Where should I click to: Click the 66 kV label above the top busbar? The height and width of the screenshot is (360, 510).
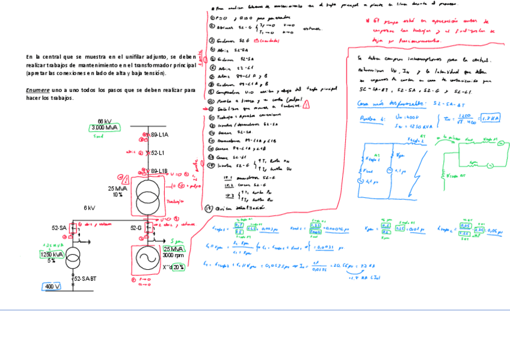tap(104, 121)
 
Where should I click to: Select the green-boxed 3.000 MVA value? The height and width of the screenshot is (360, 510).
tap(105, 128)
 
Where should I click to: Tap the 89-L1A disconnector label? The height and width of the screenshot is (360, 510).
tap(159, 135)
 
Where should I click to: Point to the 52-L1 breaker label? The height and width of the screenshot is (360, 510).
tap(158, 153)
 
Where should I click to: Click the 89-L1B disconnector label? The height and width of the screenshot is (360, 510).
tap(159, 171)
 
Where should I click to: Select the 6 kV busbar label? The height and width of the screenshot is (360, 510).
tap(89, 208)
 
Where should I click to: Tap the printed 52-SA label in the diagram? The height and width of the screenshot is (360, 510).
tap(59, 228)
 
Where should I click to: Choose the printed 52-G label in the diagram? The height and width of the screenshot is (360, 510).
tap(137, 228)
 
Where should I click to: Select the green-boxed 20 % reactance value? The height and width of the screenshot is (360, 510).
tap(179, 267)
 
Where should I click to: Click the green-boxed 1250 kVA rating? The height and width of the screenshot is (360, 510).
tap(51, 254)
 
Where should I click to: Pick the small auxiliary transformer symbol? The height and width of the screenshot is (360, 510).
tap(75, 256)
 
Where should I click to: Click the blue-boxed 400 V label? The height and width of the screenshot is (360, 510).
tap(53, 287)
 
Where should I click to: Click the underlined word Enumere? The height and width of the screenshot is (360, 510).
tap(37, 90)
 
